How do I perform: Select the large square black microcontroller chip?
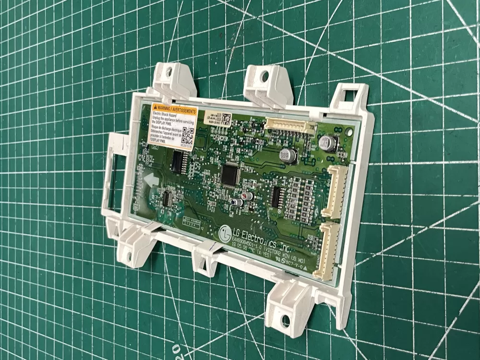click(x=231, y=175)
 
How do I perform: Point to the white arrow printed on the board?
click(x=152, y=181)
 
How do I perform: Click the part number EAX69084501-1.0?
click(x=254, y=246)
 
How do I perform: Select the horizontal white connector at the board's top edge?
click(x=290, y=127)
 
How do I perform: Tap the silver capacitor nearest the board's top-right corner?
click(x=329, y=143)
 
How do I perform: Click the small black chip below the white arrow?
click(x=168, y=198)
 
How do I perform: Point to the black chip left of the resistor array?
click(x=276, y=196)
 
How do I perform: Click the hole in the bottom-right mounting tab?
click(x=286, y=319)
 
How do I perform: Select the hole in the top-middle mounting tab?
click(x=264, y=76)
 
